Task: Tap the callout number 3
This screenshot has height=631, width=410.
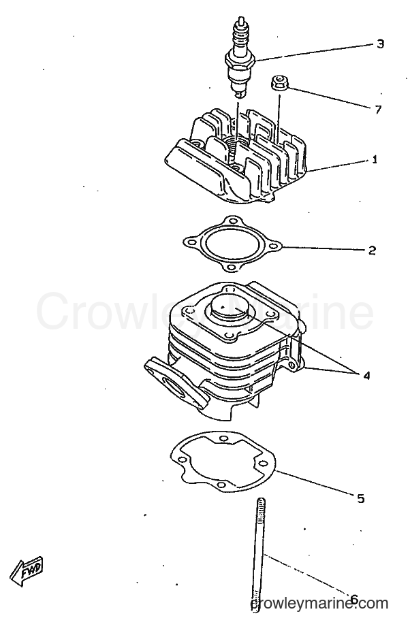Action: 380,44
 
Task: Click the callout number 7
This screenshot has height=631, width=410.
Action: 377,109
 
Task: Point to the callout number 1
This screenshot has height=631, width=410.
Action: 375,160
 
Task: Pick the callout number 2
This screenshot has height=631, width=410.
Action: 372,250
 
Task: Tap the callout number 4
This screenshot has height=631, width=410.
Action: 366,376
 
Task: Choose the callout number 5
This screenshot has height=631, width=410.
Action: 360,498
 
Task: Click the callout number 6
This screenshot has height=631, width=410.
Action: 353,600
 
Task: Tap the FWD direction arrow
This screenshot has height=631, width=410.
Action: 26,570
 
